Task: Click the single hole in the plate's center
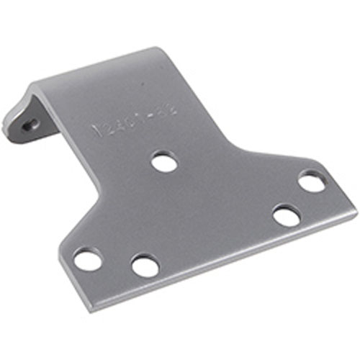pos(164,161)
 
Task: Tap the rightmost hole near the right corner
pos(311,181)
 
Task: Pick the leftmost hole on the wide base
pos(88,259)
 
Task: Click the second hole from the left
pos(145,265)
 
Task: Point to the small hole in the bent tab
pos(29,124)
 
